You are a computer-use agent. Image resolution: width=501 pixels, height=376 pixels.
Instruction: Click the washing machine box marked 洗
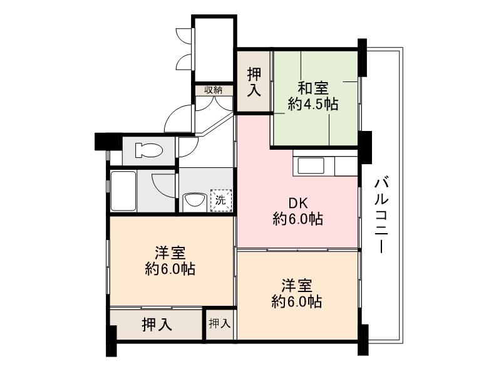point(220,201)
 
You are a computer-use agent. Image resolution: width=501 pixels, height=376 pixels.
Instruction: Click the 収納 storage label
point(213,90)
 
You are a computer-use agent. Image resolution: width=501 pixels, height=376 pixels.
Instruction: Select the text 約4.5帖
point(312,104)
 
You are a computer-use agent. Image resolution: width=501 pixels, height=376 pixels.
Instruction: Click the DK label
point(297,203)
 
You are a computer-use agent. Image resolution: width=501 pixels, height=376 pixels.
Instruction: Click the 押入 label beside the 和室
point(254,82)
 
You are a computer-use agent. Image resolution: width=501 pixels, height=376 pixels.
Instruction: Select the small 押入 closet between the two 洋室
point(219,324)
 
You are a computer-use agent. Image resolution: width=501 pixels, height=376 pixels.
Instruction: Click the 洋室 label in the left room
point(170,253)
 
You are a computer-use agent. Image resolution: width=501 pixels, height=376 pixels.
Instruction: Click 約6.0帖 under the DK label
point(297,219)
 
